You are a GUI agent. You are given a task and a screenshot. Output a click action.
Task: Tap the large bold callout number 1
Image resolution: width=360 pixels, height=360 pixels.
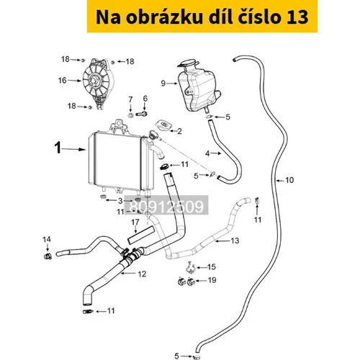coord(58,148)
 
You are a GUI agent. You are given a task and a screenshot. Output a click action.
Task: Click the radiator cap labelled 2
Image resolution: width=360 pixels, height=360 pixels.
coord(163,125)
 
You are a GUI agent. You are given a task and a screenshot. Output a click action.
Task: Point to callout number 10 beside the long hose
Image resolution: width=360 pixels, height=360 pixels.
coord(289,180)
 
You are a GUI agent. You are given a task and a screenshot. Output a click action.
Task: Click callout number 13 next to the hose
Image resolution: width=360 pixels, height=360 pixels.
coord(235,240)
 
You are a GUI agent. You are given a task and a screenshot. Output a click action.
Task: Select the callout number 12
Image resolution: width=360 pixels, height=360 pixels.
coord(142,274)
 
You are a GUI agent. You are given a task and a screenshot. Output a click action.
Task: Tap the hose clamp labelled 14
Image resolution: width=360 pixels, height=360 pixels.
coord(48,256)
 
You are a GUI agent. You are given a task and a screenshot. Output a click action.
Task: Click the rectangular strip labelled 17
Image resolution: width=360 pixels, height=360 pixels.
coord(140,235)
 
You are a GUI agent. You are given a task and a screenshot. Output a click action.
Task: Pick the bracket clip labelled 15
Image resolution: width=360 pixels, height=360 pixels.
coord(191,268)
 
